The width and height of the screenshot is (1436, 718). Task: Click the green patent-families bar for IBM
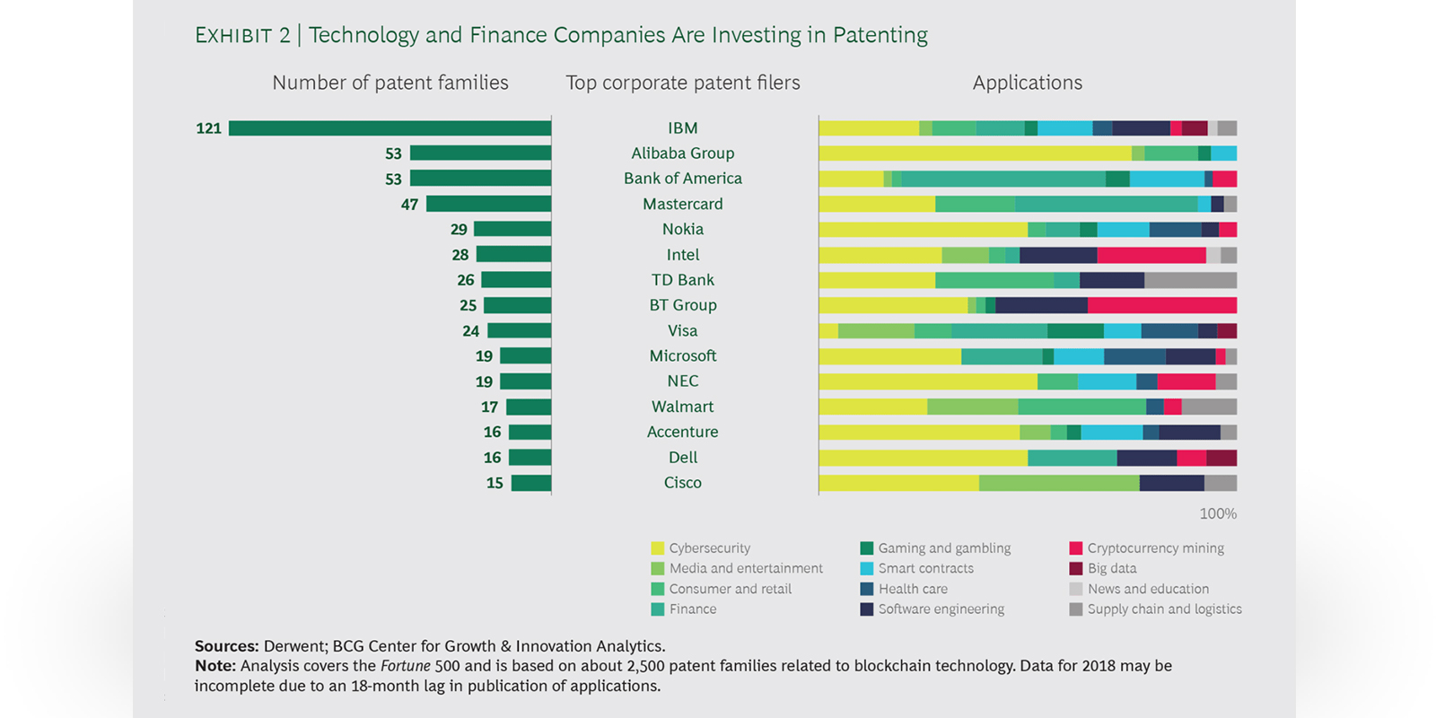[x=390, y=128]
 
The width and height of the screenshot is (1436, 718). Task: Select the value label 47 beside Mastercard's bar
[x=409, y=205]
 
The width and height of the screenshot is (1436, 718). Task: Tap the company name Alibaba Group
[x=682, y=153]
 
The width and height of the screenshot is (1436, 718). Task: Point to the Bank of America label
[x=682, y=179]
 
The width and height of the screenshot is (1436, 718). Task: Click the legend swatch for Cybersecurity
[x=658, y=548]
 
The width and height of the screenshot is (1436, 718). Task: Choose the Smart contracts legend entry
[x=925, y=568]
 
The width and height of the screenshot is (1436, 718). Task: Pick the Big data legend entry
[x=1112, y=568]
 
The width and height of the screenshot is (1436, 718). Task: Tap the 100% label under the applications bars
[x=1218, y=513]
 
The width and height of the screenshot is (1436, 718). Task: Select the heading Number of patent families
[x=390, y=83]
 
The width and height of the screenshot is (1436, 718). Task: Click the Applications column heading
[x=1027, y=83]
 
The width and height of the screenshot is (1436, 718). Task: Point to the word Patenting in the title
[x=880, y=35]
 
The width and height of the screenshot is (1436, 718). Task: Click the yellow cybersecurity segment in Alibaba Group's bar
[x=975, y=153]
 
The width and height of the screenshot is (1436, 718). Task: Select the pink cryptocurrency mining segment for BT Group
[x=1161, y=305]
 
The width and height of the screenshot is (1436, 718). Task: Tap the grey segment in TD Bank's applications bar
[x=1190, y=280]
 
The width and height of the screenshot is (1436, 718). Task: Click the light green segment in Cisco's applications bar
[x=1059, y=483]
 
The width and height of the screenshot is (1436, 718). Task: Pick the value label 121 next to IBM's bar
[x=208, y=128]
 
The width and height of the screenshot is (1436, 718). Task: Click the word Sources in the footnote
[x=226, y=646]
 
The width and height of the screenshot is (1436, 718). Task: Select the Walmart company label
[x=682, y=407]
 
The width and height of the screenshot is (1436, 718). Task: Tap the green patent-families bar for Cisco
[x=531, y=483]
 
